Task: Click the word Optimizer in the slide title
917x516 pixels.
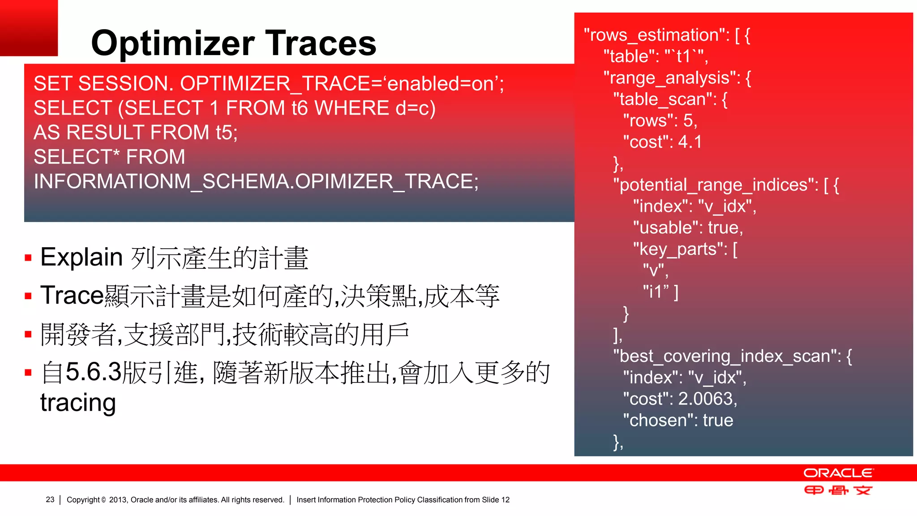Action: (172, 43)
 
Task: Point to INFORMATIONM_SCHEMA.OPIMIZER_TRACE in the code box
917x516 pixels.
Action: (256, 181)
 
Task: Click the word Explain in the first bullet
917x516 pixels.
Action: (81, 257)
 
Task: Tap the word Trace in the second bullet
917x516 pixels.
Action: (72, 296)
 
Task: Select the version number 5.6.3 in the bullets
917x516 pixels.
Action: (93, 372)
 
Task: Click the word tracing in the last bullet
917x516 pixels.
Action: (78, 402)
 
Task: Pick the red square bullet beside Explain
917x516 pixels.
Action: (28, 258)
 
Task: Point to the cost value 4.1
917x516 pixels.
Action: (690, 142)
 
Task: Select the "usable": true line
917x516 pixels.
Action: (688, 228)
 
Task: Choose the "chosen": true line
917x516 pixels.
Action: (678, 420)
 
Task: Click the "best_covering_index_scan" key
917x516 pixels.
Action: (728, 356)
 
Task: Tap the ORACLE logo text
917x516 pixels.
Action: (838, 473)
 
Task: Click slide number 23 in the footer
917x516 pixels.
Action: (50, 499)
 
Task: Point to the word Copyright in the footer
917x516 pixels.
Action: (83, 499)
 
